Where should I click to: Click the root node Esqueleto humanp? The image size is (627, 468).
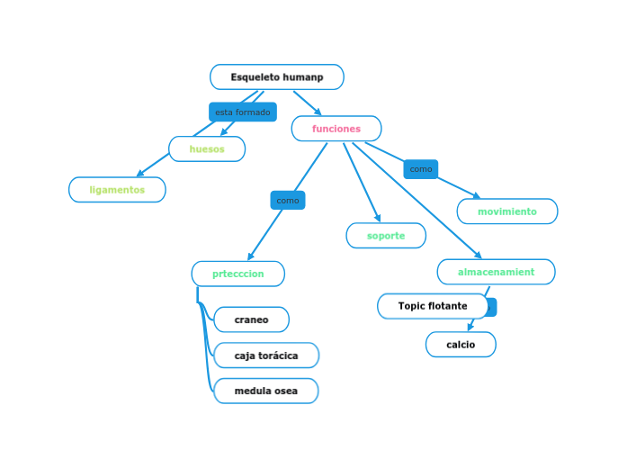point(277,77)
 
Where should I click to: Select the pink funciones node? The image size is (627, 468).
point(336,129)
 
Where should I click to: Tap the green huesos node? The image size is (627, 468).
point(207,148)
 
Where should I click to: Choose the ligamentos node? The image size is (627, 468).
point(117,190)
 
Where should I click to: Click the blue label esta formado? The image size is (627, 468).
point(242,112)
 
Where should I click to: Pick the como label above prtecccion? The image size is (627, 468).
point(288,200)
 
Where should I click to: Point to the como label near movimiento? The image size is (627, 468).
point(420,169)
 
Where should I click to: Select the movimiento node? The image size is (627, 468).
point(506,211)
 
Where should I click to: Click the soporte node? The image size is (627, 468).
point(386,236)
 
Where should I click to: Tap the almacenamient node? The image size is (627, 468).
point(496,272)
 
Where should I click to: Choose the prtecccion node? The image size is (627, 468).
point(238,274)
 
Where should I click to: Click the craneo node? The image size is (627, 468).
point(251,319)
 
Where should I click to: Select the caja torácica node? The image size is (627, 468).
point(266,355)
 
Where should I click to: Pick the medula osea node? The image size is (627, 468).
point(265,391)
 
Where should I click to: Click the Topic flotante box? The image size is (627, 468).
point(433,306)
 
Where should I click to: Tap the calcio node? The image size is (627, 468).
point(461,345)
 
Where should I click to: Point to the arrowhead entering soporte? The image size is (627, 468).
point(379,219)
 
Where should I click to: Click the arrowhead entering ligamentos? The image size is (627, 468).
point(139,175)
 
